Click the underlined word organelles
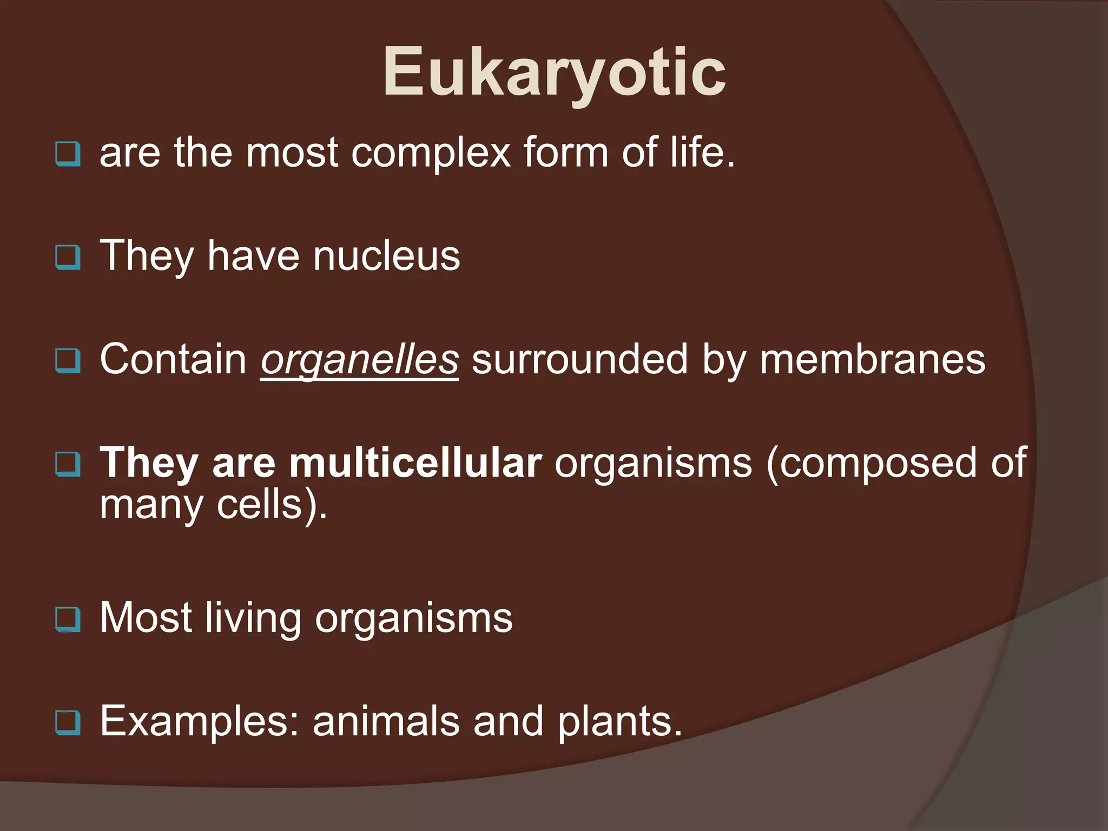click(x=359, y=360)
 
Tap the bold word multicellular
click(x=415, y=463)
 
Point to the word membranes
click(x=872, y=360)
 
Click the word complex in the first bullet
click(x=431, y=153)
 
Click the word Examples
click(x=199, y=722)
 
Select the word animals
click(x=386, y=722)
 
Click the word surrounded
click(x=579, y=360)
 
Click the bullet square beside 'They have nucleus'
click(x=68, y=257)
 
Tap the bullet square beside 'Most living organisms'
click(x=68, y=619)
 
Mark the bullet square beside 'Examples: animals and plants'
click(x=68, y=722)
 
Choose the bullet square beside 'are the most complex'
click(x=68, y=154)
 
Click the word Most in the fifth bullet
click(x=146, y=618)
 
